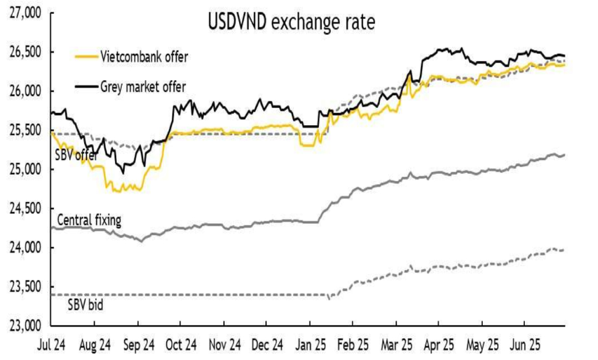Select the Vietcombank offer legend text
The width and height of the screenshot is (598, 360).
[144, 56]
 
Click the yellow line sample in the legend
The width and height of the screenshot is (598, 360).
[86, 56]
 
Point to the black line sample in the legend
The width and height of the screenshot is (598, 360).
[86, 86]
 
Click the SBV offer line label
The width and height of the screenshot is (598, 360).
[76, 156]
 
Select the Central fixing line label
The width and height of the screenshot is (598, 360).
[89, 222]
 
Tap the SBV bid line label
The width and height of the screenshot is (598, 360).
[85, 304]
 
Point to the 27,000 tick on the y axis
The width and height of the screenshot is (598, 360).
[27, 13]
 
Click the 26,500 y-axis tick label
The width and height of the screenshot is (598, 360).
[27, 52]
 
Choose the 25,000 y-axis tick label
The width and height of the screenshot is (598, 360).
[27, 169]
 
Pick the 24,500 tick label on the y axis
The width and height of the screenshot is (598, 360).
[27, 208]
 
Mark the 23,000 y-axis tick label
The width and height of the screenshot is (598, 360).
[27, 325]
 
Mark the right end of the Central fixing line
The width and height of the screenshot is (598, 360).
[564, 155]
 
